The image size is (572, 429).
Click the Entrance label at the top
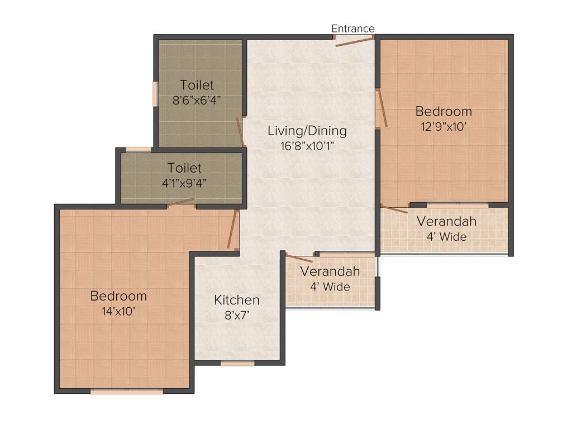pyautogui.click(x=352, y=28)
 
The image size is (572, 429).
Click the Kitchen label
pyautogui.click(x=237, y=300)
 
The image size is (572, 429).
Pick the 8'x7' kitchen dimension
pyautogui.click(x=237, y=316)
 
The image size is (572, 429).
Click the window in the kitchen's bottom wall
pyautogui.click(x=237, y=363)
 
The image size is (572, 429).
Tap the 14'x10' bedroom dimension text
pyautogui.click(x=118, y=311)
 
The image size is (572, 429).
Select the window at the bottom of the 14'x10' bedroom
pyautogui.click(x=127, y=392)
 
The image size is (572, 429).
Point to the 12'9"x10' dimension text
pyautogui.click(x=444, y=126)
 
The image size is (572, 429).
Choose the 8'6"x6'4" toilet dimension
pyautogui.click(x=197, y=101)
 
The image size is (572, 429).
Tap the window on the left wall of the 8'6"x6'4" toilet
pyautogui.click(x=156, y=94)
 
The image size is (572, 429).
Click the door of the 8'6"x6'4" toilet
pyautogui.click(x=240, y=132)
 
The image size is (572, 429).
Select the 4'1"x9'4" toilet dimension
pyautogui.click(x=184, y=183)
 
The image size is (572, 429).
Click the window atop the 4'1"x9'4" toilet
pyautogui.click(x=138, y=149)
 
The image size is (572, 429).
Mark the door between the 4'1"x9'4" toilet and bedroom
pyautogui.click(x=181, y=202)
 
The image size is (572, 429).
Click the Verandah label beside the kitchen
pyautogui.click(x=330, y=271)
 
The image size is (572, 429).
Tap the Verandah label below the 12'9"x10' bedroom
pyautogui.click(x=446, y=221)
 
